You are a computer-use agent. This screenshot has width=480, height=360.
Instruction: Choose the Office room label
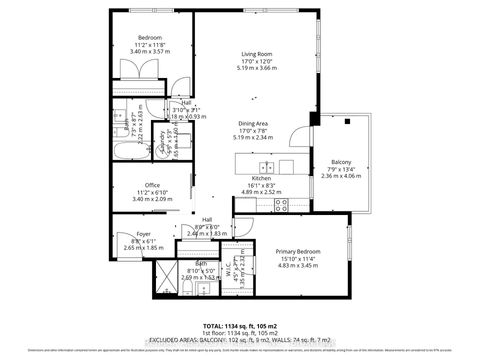coord(152,185)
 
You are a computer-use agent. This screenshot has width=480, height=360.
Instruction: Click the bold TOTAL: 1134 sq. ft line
coord(240,326)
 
